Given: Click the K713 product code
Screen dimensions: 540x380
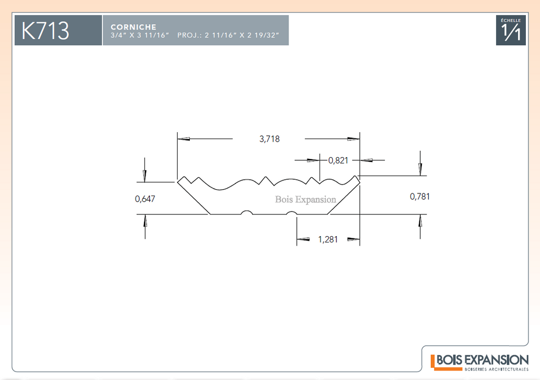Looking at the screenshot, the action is click(45, 31).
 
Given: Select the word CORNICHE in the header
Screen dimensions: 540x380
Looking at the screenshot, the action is click(133, 27).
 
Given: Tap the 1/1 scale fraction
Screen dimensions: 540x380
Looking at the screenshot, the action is click(510, 32).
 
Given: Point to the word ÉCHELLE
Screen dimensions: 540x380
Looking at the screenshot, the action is click(510, 21).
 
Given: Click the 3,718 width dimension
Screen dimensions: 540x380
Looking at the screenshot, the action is click(269, 139).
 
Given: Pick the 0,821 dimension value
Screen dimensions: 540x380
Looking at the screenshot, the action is click(338, 160).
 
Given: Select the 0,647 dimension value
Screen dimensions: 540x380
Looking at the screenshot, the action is click(144, 199).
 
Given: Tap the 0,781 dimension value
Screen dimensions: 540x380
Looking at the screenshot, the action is click(419, 197).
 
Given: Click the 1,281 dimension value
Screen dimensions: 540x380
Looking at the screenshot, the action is click(327, 240).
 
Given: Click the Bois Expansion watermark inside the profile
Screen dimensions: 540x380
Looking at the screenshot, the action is click(305, 200).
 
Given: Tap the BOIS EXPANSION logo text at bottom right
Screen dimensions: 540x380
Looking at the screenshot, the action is click(483, 360).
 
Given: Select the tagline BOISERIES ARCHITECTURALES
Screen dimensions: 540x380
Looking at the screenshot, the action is click(496, 369).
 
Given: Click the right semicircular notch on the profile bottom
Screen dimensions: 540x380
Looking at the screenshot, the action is click(291, 212).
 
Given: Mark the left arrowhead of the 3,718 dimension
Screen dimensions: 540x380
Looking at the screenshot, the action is click(184, 139).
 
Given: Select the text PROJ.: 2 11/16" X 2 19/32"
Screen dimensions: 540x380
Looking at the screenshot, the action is click(228, 35).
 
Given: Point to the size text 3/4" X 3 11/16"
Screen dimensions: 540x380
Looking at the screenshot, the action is click(140, 35).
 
